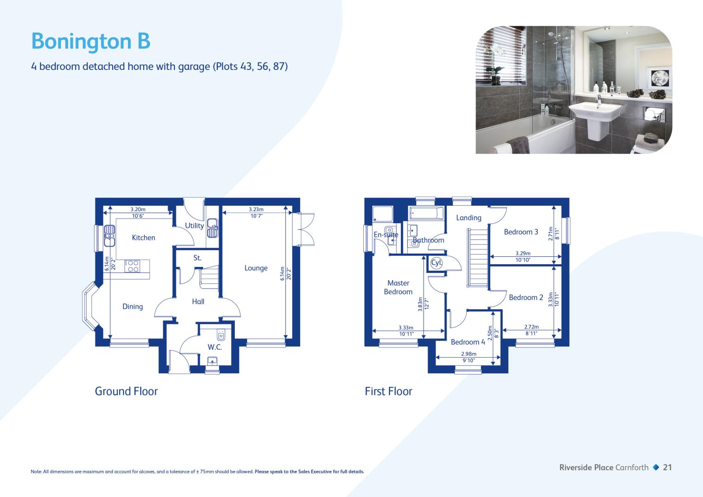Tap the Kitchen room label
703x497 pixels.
[144, 238]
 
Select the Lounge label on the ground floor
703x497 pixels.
[256, 268]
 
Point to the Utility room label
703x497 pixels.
[194, 225]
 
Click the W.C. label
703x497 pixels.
[215, 347]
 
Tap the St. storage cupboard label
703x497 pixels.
[197, 258]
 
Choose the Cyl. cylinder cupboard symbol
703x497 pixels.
[436, 263]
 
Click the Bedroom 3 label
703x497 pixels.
[521, 232]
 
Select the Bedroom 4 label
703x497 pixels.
[468, 342]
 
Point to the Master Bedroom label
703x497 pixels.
[398, 288]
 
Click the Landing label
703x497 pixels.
[469, 218]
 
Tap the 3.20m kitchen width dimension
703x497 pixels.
[138, 209]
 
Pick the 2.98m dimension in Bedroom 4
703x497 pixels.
[469, 354]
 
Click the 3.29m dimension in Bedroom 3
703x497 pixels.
[523, 253]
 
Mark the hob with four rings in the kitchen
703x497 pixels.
[133, 266]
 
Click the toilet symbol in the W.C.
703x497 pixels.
[221, 335]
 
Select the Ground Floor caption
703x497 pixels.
[126, 391]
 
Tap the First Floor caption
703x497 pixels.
[388, 391]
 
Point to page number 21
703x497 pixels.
[667, 468]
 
